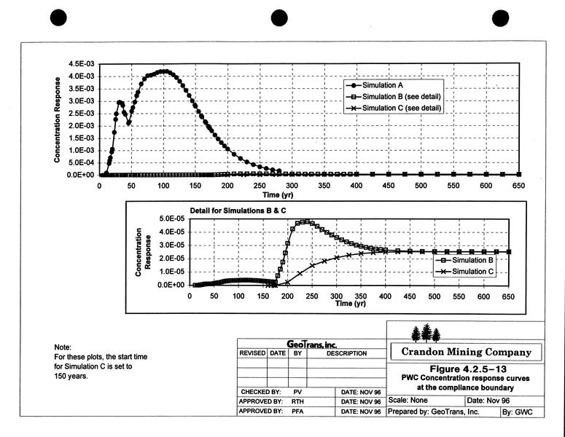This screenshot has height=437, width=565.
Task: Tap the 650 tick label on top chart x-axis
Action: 519,186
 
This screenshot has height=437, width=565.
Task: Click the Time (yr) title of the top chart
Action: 280,194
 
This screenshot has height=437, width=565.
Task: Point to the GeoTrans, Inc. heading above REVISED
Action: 311,344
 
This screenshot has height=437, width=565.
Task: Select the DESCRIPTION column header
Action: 346,353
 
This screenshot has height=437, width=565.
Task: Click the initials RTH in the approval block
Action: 297,401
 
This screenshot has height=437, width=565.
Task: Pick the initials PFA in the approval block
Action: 297,412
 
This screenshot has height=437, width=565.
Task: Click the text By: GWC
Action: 519,412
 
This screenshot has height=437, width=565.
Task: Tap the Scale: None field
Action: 408,400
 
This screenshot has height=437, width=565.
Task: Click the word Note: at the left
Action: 63,347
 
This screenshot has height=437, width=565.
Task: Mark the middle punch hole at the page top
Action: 281,17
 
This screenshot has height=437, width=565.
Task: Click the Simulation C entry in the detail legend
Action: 473,272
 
